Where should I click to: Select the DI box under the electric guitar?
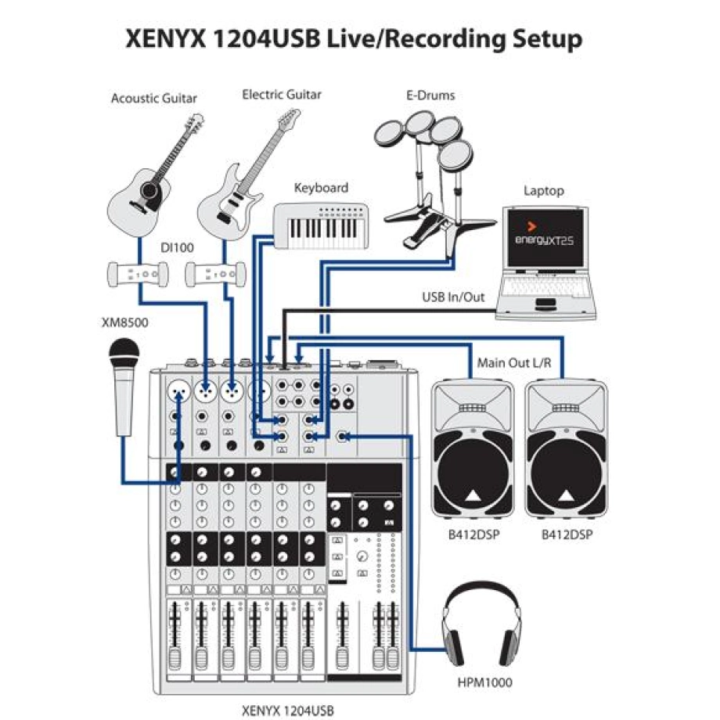(214, 274)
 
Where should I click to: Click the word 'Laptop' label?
(543, 190)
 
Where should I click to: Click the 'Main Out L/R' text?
(514, 365)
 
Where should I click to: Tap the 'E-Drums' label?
(430, 95)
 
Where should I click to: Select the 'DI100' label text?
(176, 247)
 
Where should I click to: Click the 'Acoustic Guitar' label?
(153, 99)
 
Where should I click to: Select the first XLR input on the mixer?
(179, 389)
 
